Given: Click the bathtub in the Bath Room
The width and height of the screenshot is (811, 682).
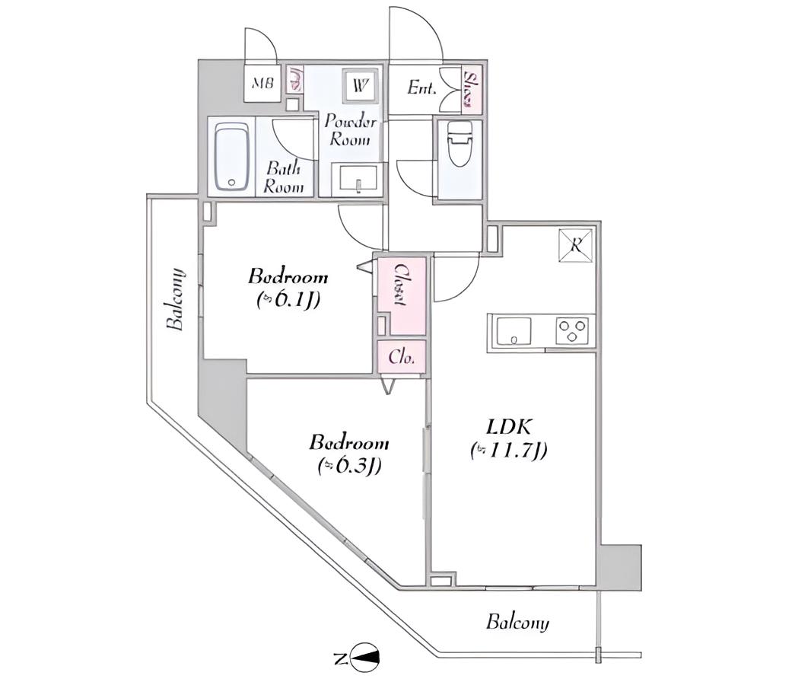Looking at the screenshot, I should (231, 157).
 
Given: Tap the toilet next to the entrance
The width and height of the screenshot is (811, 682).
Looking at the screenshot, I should (460, 145).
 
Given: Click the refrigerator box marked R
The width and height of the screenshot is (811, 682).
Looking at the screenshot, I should (576, 244).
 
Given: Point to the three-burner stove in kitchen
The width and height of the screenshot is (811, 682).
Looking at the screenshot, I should (572, 330).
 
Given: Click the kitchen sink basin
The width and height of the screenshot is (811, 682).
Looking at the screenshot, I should (514, 331).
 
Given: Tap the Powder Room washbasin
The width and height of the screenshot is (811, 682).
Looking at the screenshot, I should (355, 180).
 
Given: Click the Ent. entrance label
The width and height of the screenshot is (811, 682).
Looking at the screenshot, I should (421, 88).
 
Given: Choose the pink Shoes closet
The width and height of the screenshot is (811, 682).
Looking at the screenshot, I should (472, 88).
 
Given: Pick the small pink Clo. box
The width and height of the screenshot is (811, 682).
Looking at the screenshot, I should (402, 357).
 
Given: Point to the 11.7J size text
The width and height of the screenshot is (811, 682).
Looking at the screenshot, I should (508, 451).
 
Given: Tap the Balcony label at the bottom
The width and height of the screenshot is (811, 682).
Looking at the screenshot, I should (517, 623).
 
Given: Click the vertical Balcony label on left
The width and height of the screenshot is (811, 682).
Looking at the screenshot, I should (176, 299).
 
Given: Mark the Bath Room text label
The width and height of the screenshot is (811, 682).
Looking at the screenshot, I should (284, 177).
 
